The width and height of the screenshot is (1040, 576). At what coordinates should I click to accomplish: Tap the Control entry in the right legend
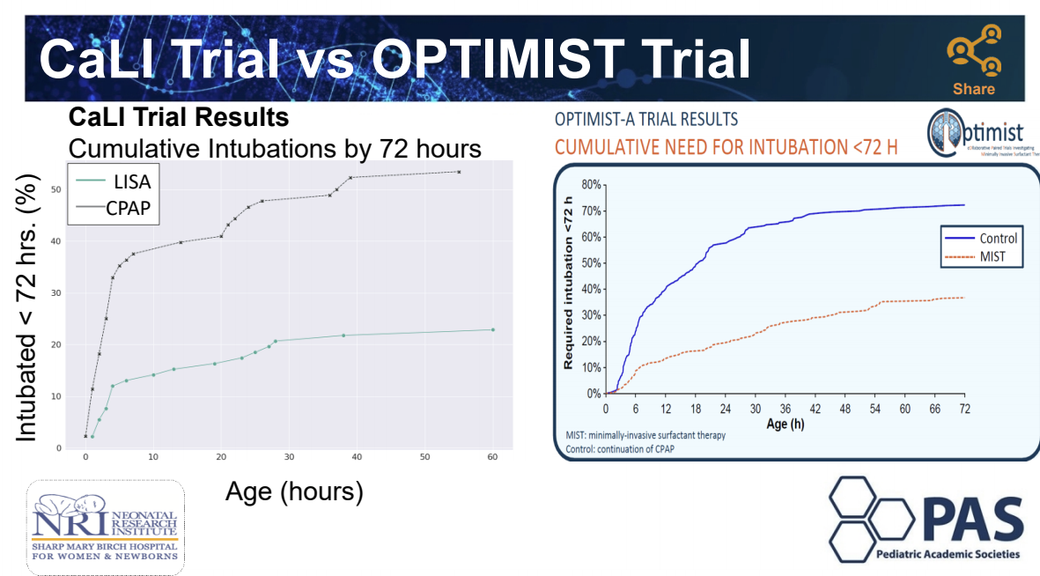(x=998, y=238)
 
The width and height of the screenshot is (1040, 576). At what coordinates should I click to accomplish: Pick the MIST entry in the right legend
(x=991, y=257)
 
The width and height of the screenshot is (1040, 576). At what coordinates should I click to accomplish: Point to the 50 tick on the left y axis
(x=55, y=189)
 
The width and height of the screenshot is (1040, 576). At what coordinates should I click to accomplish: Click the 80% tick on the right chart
(x=587, y=185)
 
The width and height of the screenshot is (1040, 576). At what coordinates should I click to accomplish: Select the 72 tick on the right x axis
(x=964, y=410)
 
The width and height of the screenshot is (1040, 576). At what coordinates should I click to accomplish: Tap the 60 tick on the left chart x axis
(x=492, y=458)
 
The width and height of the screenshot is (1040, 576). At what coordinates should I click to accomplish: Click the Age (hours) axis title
(x=294, y=491)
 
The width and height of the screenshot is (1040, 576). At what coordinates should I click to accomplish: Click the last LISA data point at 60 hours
(x=492, y=329)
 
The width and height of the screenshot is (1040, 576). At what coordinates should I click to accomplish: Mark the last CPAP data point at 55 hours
(x=459, y=172)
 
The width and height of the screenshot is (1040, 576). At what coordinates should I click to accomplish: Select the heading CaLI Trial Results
(x=179, y=117)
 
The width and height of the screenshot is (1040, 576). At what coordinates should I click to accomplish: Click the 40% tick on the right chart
(x=587, y=289)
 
